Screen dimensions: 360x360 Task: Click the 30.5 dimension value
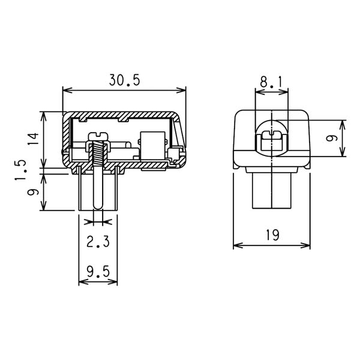[124, 80]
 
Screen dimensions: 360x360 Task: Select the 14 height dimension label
[34, 139]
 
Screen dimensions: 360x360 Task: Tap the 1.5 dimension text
[20, 170]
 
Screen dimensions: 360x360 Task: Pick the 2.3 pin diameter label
[98, 242]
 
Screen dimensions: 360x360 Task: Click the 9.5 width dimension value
[98, 272]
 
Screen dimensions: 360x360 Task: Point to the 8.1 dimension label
[271, 82]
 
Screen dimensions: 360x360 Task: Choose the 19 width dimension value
[272, 235]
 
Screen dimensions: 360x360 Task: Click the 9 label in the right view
[332, 138]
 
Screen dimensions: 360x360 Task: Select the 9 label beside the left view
[33, 192]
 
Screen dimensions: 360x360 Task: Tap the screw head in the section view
[98, 136]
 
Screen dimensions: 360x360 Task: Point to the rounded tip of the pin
[98, 207]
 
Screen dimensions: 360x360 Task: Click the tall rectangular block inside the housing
[153, 145]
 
